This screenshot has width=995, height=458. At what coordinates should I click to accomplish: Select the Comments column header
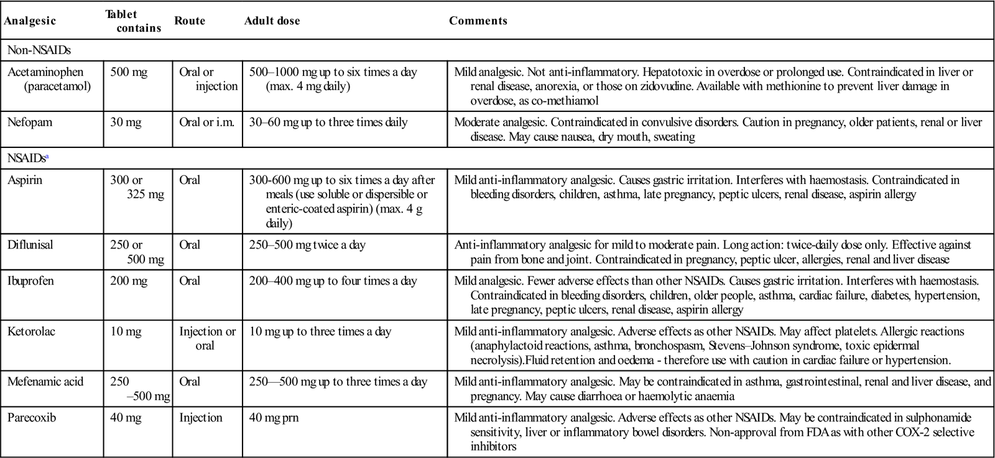pyautogui.click(x=478, y=21)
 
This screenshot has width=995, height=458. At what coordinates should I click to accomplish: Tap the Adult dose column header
pyautogui.click(x=272, y=21)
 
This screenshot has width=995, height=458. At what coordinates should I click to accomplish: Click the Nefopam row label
pyautogui.click(x=30, y=122)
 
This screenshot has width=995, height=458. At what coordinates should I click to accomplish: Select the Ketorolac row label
pyautogui.click(x=31, y=332)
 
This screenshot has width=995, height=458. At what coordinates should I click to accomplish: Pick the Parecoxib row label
pyautogui.click(x=32, y=418)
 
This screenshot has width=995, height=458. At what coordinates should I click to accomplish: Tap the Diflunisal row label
pyautogui.click(x=30, y=245)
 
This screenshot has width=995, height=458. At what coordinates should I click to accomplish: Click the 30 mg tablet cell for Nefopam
pyautogui.click(x=126, y=122)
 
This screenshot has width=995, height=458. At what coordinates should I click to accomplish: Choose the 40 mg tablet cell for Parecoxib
pyautogui.click(x=126, y=418)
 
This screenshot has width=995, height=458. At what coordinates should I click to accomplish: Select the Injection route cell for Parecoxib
pyautogui.click(x=200, y=418)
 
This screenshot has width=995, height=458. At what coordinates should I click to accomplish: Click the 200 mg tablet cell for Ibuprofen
pyautogui.click(x=129, y=281)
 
